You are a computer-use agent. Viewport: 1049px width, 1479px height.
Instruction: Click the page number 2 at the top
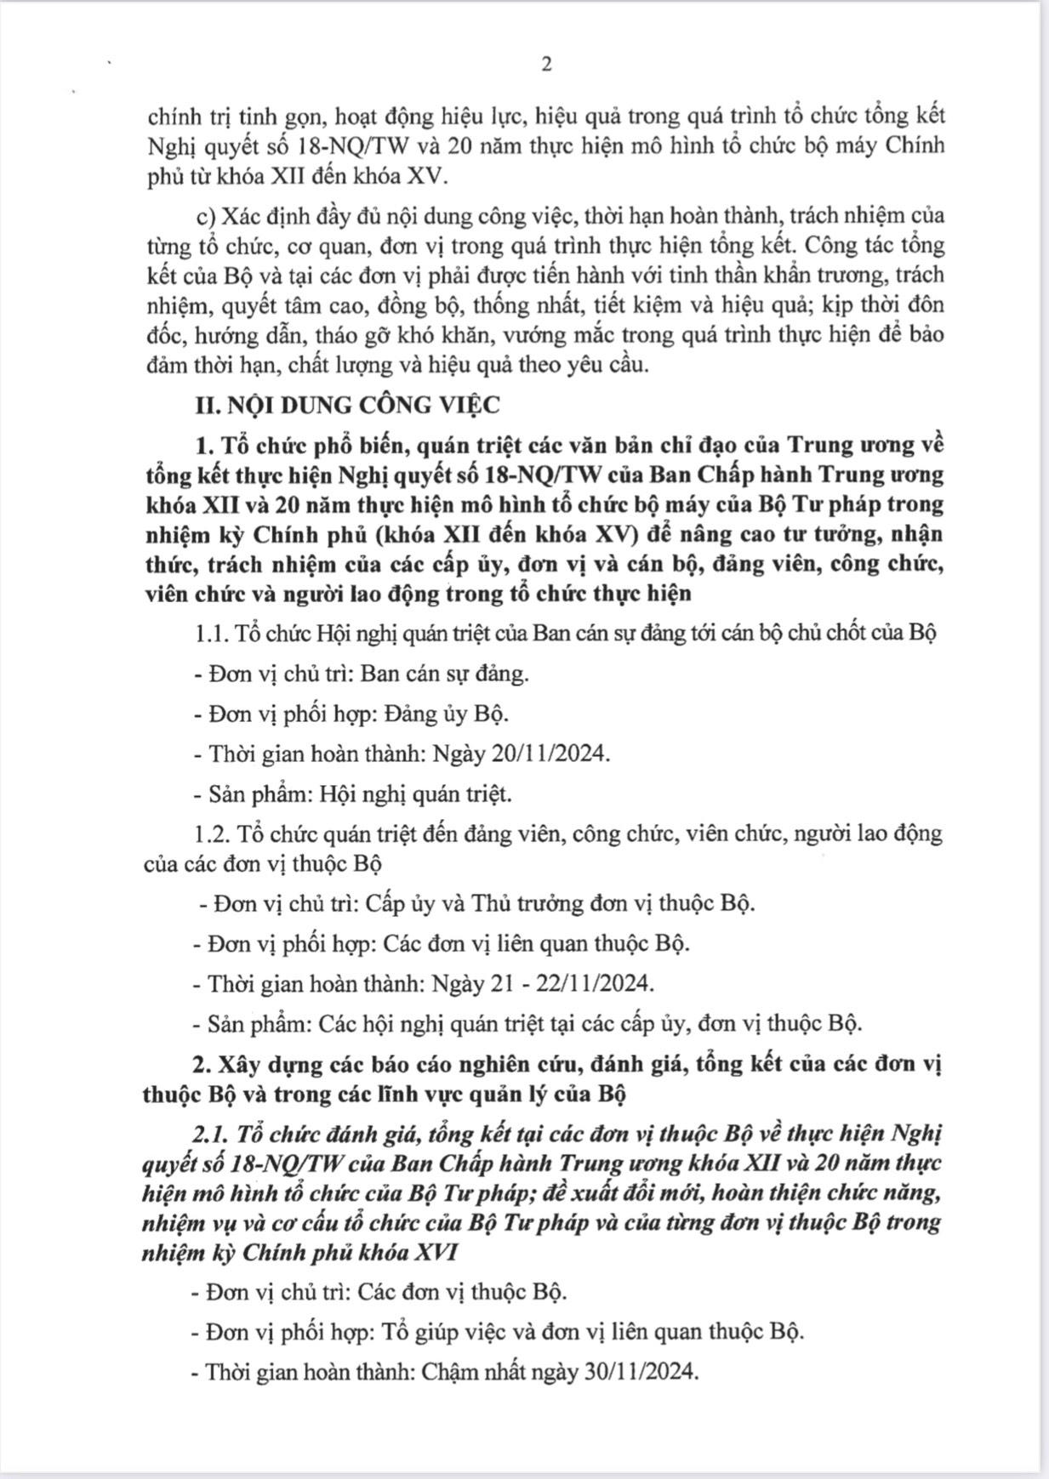546,65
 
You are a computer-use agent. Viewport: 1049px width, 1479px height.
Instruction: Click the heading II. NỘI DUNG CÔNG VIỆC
347,405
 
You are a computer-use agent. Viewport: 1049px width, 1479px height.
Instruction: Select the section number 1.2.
211,833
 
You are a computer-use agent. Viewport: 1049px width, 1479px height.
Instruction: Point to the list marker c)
206,216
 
